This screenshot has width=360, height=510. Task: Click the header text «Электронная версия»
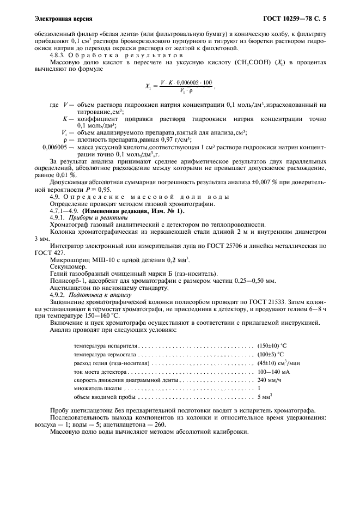(x=63, y=19)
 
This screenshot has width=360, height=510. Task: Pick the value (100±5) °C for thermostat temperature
(x=271, y=355)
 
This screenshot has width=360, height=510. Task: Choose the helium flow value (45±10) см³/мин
(x=278, y=363)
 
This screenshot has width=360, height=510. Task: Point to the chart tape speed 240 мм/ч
(x=270, y=380)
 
